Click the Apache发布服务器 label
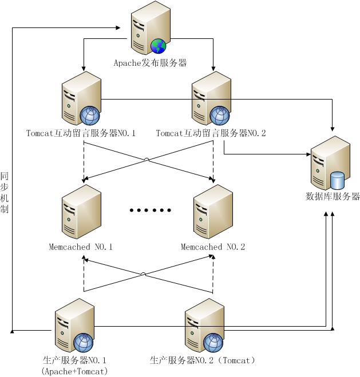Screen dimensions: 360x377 click(150, 63)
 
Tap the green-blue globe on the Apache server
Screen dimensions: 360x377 click(158, 46)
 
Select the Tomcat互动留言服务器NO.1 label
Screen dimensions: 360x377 click(81, 133)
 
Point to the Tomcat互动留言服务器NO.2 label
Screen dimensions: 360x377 click(211, 133)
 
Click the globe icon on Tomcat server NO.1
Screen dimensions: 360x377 click(90, 116)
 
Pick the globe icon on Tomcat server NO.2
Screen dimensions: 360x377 click(220, 116)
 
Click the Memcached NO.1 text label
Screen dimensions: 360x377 click(81, 247)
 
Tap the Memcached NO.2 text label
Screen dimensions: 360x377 click(213, 247)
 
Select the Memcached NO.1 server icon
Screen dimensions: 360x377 click(81, 212)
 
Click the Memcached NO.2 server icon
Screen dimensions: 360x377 click(213, 212)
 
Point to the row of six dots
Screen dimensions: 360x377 click(151, 210)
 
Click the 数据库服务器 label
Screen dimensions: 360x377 click(333, 196)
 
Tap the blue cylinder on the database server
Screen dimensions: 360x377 click(338, 180)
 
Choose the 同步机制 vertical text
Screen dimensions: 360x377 click(5, 192)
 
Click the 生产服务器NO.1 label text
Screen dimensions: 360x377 click(74, 360)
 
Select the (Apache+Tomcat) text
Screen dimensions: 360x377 click(74, 371)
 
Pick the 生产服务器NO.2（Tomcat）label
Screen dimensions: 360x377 click(202, 360)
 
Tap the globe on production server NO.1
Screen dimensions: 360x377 click(83, 343)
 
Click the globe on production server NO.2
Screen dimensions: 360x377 click(213, 343)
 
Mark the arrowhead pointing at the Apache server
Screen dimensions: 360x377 click(118, 27)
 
